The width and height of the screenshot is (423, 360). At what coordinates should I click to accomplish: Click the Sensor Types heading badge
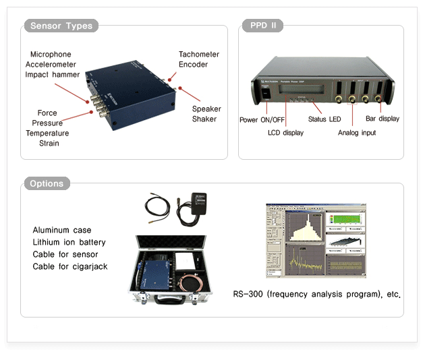(x=61, y=26)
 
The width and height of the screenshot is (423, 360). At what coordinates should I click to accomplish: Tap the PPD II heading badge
(x=262, y=26)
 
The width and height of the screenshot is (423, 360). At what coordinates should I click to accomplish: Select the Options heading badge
(x=47, y=183)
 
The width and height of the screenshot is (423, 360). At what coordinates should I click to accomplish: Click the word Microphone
(x=51, y=54)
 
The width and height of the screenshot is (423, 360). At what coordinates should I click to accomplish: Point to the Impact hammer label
(x=53, y=74)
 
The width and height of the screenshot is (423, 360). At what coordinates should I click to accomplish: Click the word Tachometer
(x=199, y=54)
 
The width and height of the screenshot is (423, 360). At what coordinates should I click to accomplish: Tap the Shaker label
(x=204, y=119)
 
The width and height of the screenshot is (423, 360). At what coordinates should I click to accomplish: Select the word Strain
(x=49, y=143)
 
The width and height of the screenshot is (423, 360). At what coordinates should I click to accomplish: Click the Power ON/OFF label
(x=262, y=119)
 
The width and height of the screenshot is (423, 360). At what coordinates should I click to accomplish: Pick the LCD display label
(x=285, y=133)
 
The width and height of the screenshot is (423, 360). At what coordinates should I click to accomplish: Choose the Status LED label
(x=325, y=119)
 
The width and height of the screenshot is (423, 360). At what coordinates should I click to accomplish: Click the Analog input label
(x=357, y=133)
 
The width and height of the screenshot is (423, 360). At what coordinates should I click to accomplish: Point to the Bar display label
(x=383, y=119)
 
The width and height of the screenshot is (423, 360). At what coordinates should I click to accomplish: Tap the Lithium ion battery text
(x=69, y=242)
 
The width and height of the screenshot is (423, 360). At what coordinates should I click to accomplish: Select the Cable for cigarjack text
(x=69, y=266)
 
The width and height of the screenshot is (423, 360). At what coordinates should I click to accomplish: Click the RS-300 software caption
(x=317, y=295)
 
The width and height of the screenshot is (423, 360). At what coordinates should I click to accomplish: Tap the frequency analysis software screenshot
(x=316, y=240)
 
